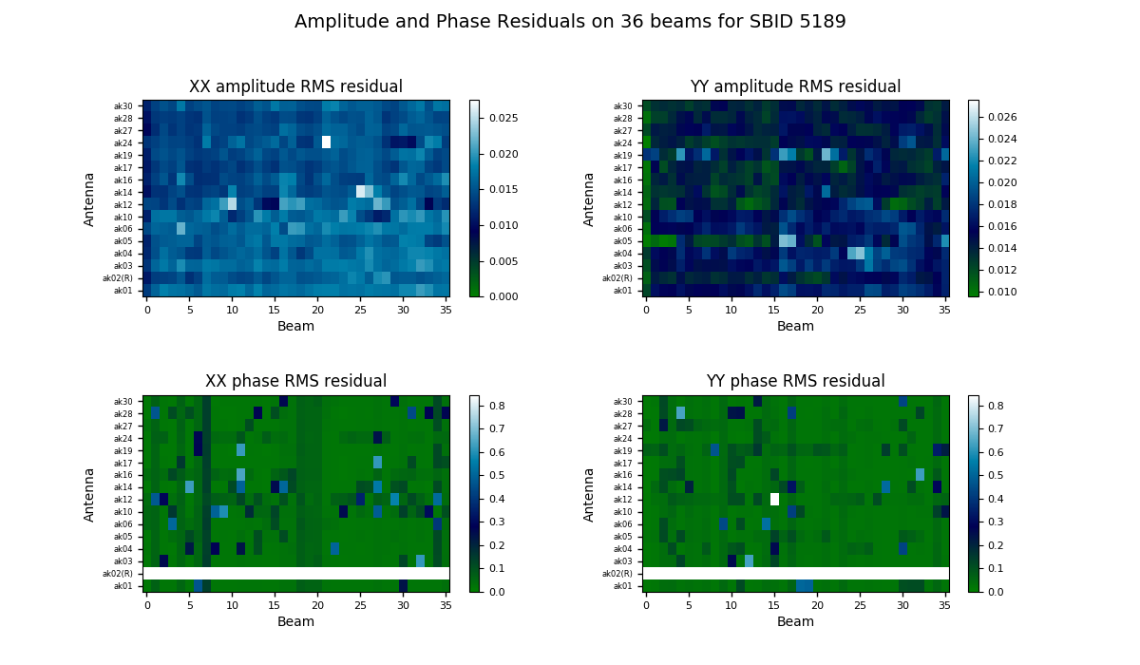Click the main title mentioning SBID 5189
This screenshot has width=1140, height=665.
pyautogui.click(x=570, y=22)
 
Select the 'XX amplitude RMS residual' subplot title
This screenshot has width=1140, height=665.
pyautogui.click(x=295, y=87)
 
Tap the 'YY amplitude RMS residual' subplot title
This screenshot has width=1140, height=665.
pyautogui.click(x=795, y=87)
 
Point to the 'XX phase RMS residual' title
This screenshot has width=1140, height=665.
pyautogui.click(x=295, y=382)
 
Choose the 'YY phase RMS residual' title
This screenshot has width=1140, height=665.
pyautogui.click(x=795, y=382)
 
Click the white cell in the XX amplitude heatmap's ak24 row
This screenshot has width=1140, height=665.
pyautogui.click(x=326, y=142)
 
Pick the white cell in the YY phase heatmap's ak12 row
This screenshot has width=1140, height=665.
pyautogui.click(x=774, y=499)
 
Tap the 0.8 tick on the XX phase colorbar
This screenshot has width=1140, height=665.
pyautogui.click(x=497, y=406)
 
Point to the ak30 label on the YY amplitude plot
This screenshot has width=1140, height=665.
pyautogui.click(x=622, y=106)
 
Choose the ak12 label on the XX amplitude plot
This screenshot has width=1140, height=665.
pyautogui.click(x=124, y=205)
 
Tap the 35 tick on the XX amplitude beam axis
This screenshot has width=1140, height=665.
pyautogui.click(x=441, y=310)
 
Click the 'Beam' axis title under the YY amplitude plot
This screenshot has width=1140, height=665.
pyautogui.click(x=795, y=327)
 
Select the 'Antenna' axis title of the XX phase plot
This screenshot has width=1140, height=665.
pyautogui.click(x=90, y=494)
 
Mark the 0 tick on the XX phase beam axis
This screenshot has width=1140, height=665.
pyautogui.click(x=147, y=605)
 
